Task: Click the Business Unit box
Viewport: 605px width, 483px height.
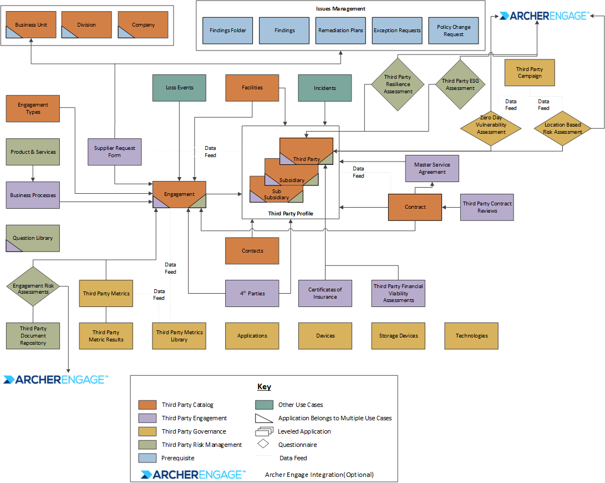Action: click(31, 25)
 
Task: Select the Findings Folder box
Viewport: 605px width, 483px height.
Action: click(228, 31)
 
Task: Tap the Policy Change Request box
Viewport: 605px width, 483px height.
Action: click(454, 31)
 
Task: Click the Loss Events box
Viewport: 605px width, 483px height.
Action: click(179, 88)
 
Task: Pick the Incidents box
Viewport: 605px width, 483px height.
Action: click(325, 88)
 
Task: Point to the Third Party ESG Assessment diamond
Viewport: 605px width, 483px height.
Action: click(460, 84)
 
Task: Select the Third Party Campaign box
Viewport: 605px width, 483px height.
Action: click(530, 73)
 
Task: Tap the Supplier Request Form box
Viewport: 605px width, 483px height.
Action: click(115, 152)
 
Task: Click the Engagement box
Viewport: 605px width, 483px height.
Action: click(179, 194)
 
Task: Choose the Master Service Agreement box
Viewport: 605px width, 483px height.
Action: click(432, 168)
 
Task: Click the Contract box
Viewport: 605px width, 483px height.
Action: click(415, 207)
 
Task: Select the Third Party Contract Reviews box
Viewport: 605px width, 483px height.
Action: click(487, 207)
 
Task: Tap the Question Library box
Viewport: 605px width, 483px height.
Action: click(33, 238)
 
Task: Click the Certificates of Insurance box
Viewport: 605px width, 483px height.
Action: click(325, 293)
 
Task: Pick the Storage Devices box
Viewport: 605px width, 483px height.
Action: click(398, 335)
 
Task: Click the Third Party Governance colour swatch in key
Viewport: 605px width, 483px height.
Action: click(148, 431)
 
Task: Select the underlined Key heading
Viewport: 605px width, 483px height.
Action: click(264, 386)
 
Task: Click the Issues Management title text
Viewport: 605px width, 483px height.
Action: click(340, 9)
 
